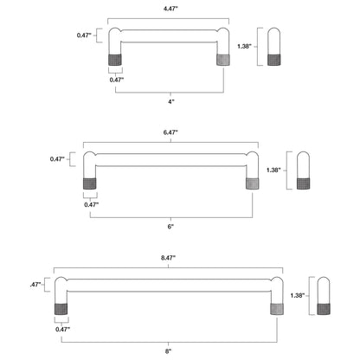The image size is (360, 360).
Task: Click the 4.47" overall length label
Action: [x=170, y=9]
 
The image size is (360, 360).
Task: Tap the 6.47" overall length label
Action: [x=170, y=132]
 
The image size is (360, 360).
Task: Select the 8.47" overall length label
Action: [x=168, y=258]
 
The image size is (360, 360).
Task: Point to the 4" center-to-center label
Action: [x=171, y=101]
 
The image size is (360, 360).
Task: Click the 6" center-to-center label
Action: [x=170, y=227]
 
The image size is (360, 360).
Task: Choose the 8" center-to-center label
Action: [x=168, y=351]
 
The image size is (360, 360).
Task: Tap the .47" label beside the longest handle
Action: [x=35, y=285]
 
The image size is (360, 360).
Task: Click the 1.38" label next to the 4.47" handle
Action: [x=244, y=46]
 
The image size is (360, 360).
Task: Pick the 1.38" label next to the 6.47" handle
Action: [x=273, y=170]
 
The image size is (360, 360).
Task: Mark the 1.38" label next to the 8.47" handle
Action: [x=298, y=296]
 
